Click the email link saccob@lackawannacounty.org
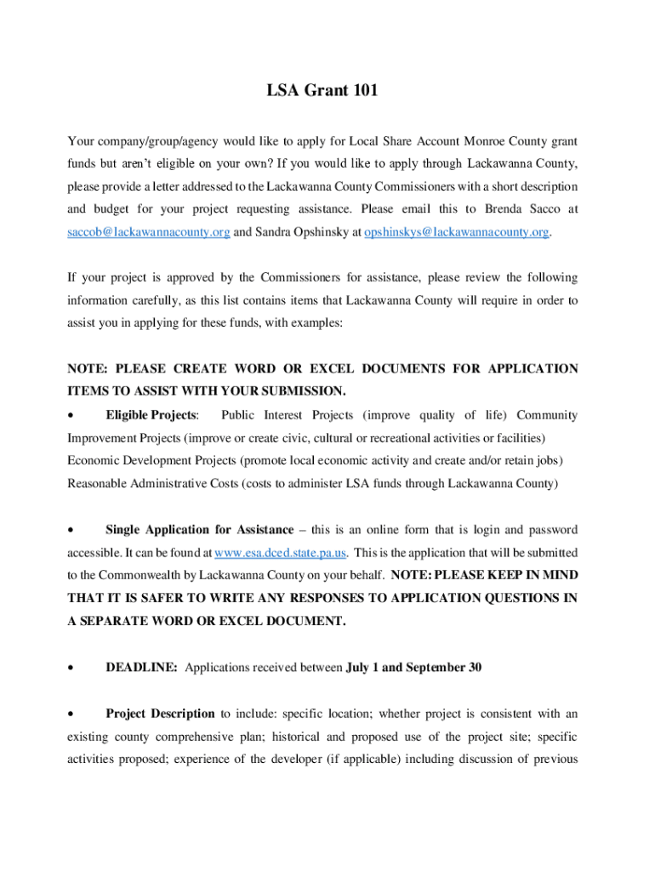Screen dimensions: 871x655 pyautogui.click(x=148, y=232)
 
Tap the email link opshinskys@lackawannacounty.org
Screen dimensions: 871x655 pyautogui.click(x=456, y=232)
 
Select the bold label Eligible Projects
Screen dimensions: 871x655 pyautogui.click(x=151, y=415)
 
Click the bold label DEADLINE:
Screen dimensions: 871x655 pyautogui.click(x=141, y=668)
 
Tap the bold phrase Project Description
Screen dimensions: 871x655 pyautogui.click(x=160, y=714)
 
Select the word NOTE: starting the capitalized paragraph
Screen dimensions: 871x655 pyautogui.click(x=87, y=369)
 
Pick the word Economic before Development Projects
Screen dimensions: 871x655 pyautogui.click(x=95, y=461)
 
